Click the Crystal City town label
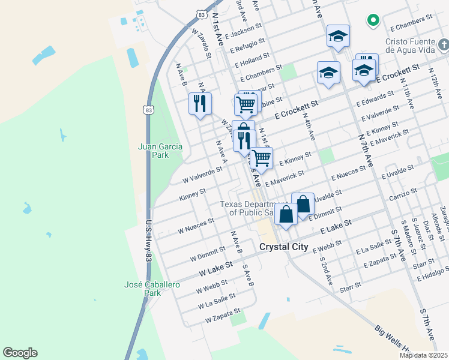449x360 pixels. (283, 247)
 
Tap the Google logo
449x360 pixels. (20, 353)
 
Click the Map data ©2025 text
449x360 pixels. (423, 355)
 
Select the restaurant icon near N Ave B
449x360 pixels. (200, 103)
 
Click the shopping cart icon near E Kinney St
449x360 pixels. (261, 158)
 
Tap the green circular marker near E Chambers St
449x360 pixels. (373, 20)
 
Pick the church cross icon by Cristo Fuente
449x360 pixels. (443, 44)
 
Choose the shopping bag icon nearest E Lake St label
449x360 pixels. (286, 214)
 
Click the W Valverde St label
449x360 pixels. (202, 173)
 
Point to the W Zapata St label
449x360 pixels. (222, 316)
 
